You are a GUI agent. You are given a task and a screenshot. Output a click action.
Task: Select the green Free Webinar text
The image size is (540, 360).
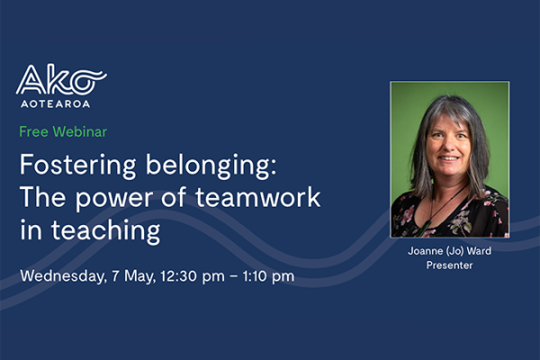point(63,131)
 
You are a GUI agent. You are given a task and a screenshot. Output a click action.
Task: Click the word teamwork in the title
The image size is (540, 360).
point(259,198)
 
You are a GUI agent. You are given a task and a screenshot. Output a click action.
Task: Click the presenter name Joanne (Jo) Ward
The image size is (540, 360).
point(450,253)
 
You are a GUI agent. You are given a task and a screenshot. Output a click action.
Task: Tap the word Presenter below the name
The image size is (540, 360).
point(450,266)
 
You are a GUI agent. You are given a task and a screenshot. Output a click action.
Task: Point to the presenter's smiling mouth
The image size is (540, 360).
point(448,162)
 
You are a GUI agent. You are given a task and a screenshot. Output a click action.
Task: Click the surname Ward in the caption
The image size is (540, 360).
point(478,253)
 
